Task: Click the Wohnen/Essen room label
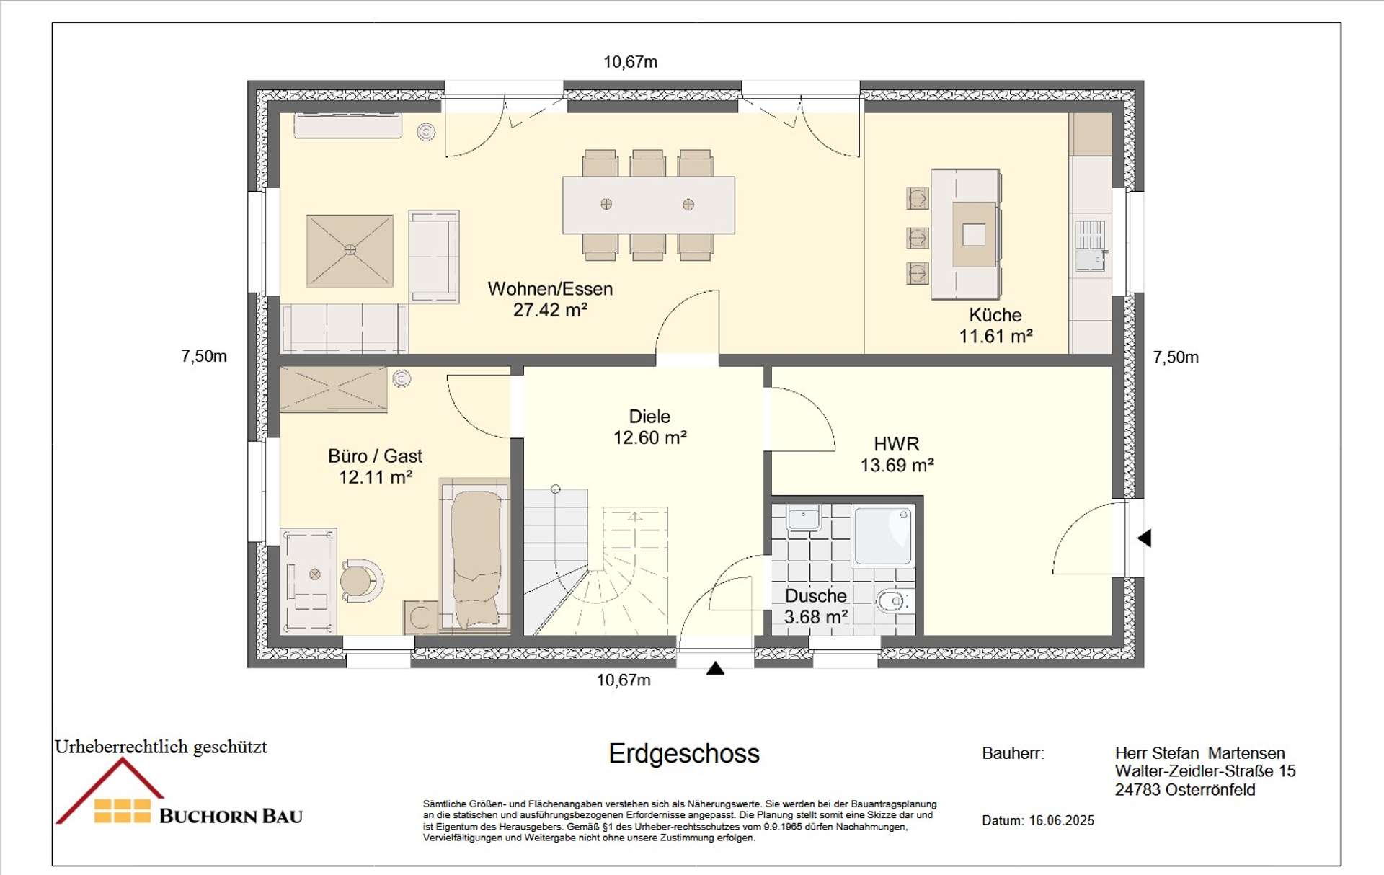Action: click(x=550, y=289)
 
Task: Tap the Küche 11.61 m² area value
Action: click(x=995, y=336)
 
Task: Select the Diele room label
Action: click(x=649, y=417)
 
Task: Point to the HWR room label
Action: click(x=897, y=444)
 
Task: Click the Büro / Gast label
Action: click(x=375, y=456)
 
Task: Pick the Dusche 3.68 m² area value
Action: click(x=815, y=617)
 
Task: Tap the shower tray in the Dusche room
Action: click(x=883, y=536)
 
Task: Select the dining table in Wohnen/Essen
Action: click(x=649, y=205)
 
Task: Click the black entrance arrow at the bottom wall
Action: click(x=715, y=669)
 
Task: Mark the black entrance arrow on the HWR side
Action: click(x=1145, y=538)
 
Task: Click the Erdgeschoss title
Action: click(x=684, y=754)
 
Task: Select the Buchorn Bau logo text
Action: click(x=231, y=816)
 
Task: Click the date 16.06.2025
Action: click(x=1061, y=820)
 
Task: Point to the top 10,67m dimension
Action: click(x=631, y=62)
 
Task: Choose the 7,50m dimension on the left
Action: click(x=204, y=356)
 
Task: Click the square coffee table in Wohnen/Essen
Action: click(x=350, y=250)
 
